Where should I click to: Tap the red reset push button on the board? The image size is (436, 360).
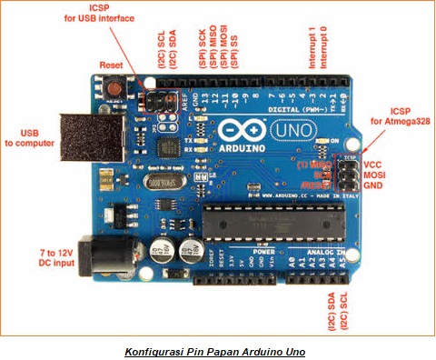[117, 89]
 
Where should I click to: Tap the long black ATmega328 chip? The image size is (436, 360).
[273, 219]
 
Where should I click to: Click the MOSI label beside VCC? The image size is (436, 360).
[375, 175]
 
